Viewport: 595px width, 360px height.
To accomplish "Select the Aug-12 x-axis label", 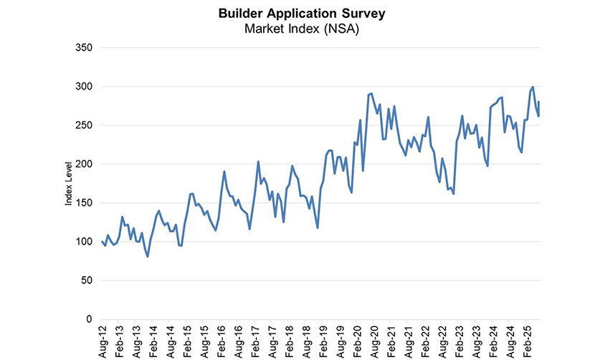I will click(x=102, y=341).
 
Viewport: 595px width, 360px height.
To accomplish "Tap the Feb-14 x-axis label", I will click(x=153, y=341).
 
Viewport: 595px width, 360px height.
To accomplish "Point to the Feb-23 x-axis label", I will click(x=459, y=341).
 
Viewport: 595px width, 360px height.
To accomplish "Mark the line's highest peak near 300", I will click(x=533, y=87).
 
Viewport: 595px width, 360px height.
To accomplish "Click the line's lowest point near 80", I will click(x=148, y=256).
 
